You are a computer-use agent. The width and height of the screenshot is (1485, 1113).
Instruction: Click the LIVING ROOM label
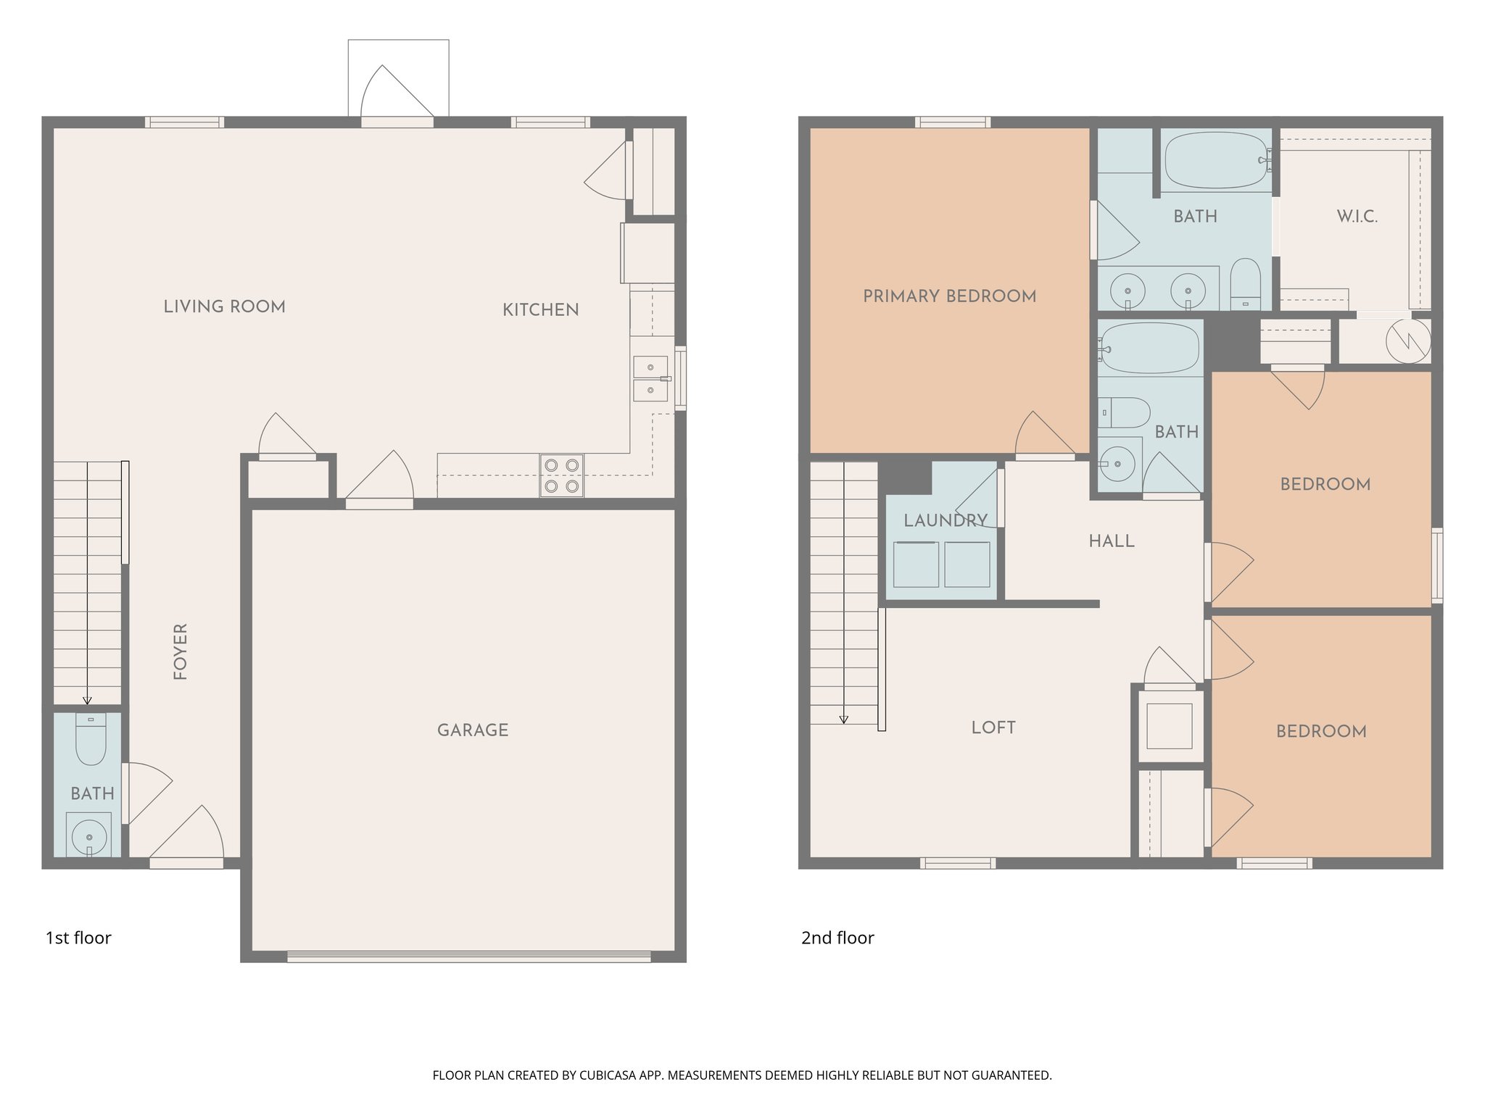coord(224,307)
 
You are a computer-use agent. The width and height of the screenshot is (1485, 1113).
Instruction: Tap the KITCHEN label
coord(540,310)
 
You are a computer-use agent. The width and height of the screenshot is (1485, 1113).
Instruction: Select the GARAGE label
coord(473,730)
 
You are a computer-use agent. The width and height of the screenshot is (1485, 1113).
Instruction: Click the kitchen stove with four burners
coord(561,476)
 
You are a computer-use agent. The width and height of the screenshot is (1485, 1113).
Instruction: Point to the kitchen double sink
coord(650,378)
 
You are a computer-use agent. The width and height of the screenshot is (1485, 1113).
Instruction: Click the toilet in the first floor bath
coord(91,739)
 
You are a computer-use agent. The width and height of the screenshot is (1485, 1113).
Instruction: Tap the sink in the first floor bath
coord(89,836)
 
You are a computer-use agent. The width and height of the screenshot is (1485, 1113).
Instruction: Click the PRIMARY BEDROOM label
coord(949,296)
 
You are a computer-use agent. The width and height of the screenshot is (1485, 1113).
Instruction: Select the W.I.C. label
coord(1357,217)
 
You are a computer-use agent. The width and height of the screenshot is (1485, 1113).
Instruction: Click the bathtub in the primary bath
coord(1216,160)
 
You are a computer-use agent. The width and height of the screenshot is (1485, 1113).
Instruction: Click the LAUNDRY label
coord(945,520)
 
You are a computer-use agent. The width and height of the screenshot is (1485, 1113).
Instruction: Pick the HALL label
coord(1111,541)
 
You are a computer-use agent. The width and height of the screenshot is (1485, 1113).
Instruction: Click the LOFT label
coord(993,728)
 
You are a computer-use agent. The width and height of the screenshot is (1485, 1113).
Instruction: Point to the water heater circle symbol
coord(1408,341)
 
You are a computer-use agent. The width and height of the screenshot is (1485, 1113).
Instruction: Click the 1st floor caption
coord(78,938)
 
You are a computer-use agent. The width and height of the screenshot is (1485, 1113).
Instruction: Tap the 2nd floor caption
coord(837,938)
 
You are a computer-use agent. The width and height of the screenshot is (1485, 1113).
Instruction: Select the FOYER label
coord(181,651)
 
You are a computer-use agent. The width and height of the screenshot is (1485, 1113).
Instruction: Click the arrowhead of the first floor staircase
coord(87,701)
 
